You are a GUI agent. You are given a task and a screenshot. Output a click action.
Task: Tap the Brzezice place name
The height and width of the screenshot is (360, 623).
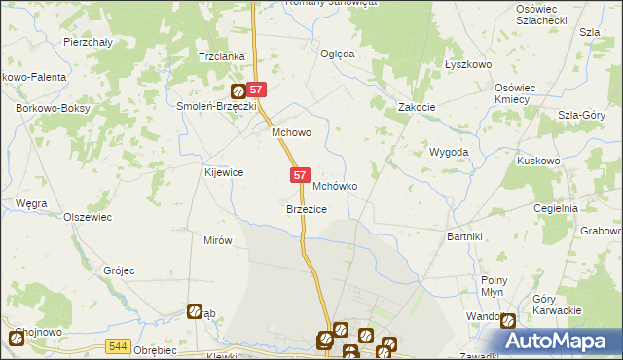tap(306, 209)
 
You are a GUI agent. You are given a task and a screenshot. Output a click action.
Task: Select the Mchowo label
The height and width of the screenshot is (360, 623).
tap(290, 134)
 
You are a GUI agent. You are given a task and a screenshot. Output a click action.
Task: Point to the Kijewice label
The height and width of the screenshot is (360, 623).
tap(223, 172)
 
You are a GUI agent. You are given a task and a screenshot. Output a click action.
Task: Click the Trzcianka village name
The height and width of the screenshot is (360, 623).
tap(221, 56)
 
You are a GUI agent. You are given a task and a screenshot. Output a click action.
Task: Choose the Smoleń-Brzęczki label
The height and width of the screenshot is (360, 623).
tap(215, 107)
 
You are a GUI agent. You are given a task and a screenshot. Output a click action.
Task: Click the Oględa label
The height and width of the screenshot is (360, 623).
tap(338, 54)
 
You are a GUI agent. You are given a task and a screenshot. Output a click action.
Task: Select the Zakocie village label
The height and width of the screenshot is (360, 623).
tap(416, 107)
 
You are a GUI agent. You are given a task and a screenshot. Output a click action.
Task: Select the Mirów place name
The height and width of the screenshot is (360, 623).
tap(216, 240)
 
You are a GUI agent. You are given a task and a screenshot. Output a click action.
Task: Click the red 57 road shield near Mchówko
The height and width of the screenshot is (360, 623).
tap(300, 174)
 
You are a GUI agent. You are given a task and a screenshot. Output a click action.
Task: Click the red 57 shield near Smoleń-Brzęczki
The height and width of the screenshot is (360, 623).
tap(256, 88)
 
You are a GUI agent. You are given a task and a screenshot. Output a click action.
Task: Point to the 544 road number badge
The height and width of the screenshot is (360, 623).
tap(119, 345)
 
